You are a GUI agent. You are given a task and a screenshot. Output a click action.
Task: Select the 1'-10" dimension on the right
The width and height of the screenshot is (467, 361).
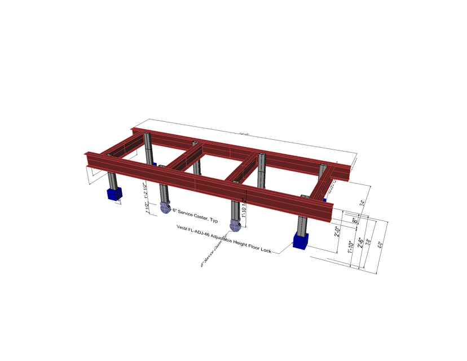[350, 246]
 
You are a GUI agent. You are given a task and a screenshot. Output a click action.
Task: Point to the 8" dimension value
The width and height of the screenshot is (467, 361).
[355, 220]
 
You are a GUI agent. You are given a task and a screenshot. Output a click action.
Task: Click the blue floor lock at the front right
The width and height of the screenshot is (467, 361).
[300, 242]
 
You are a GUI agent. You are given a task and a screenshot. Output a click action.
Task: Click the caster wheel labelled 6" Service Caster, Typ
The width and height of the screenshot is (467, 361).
[165, 207]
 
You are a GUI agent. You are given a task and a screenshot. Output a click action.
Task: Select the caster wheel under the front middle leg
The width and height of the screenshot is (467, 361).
[235, 226]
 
